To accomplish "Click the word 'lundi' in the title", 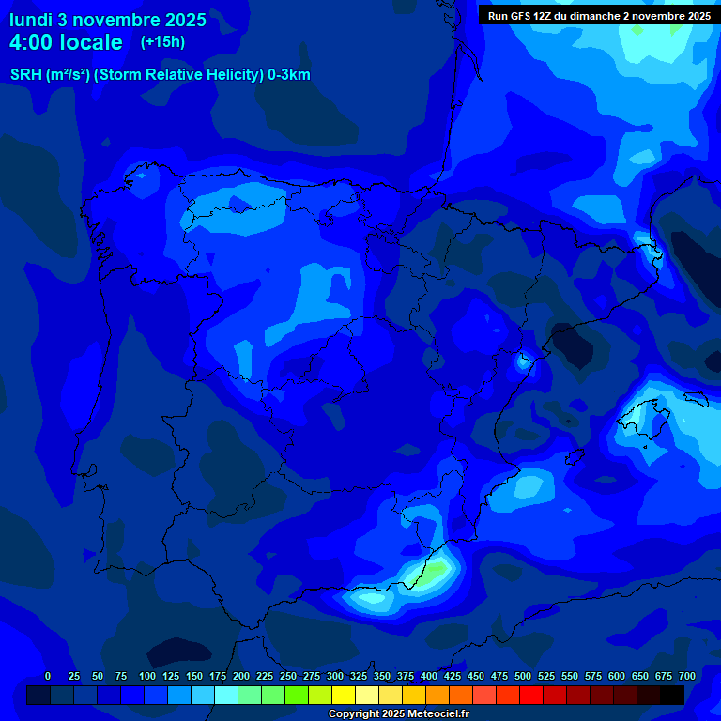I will click(30, 19).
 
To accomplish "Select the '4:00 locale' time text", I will click(66, 42).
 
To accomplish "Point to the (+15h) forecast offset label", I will click(162, 41).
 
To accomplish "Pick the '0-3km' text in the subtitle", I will click(289, 75).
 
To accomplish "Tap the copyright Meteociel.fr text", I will click(398, 713).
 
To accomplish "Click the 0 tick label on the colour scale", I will click(48, 676).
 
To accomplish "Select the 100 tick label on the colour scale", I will click(147, 676).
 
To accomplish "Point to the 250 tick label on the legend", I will click(288, 676).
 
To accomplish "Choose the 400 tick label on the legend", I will click(429, 676).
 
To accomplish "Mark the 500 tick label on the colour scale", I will click(523, 676).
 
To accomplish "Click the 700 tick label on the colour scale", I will click(686, 676).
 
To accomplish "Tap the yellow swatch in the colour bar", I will click(344, 695).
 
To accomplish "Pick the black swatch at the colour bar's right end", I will click(672, 695).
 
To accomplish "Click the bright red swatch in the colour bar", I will click(531, 695).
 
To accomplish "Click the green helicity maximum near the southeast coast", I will click(427, 574).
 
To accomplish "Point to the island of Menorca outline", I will click(695, 398).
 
